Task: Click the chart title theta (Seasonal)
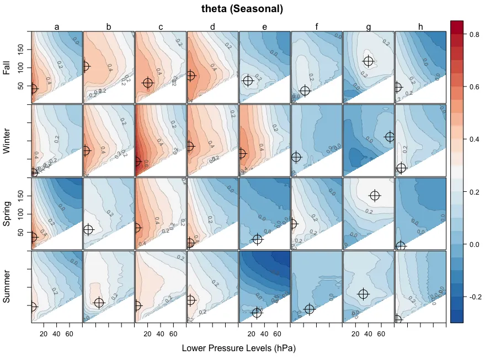tap(242, 9)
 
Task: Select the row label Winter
tap(7, 141)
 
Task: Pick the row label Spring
tap(7, 214)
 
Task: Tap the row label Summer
tap(7, 287)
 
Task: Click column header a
tap(57, 26)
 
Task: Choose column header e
tap(265, 26)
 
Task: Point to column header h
tap(420, 26)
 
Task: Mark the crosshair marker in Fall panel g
tap(369, 62)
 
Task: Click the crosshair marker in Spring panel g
tap(375, 196)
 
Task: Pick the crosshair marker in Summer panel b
tap(99, 303)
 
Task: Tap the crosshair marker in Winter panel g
tap(390, 137)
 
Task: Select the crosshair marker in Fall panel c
tap(148, 83)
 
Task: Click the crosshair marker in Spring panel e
tap(257, 239)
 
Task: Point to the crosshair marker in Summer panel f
tap(309, 310)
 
